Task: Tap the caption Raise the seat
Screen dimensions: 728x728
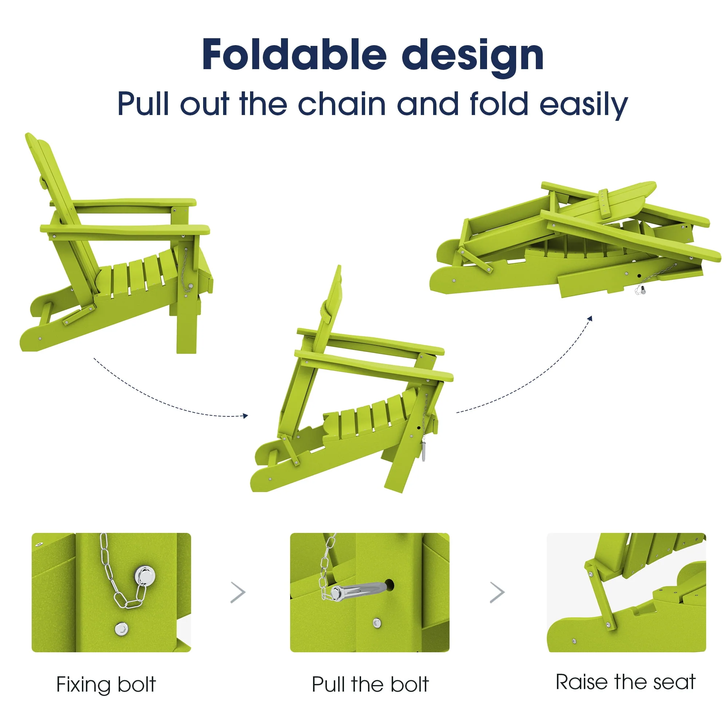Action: tap(625, 682)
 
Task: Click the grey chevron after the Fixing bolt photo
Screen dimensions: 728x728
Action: tap(238, 593)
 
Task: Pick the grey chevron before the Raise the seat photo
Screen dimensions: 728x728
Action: tap(497, 592)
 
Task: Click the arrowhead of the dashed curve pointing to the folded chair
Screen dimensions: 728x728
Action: tap(590, 319)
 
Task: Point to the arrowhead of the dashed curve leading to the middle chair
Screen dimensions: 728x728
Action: tap(245, 416)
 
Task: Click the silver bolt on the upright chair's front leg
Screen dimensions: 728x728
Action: tap(190, 286)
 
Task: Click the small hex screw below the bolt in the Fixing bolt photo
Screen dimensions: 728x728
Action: tap(121, 629)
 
